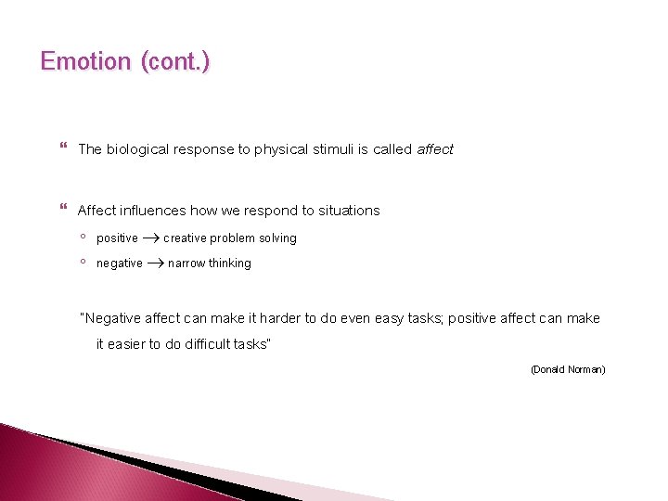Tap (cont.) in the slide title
tap(175, 62)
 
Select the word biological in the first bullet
tap(136, 149)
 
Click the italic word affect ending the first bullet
tap(435, 149)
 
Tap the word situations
tap(349, 211)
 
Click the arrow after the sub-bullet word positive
tap(150, 238)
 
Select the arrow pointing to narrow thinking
tap(155, 263)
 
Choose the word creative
tap(185, 238)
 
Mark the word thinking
tap(230, 263)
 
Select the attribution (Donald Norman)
tap(568, 369)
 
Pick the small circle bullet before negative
tap(83, 263)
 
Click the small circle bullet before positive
tap(83, 238)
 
